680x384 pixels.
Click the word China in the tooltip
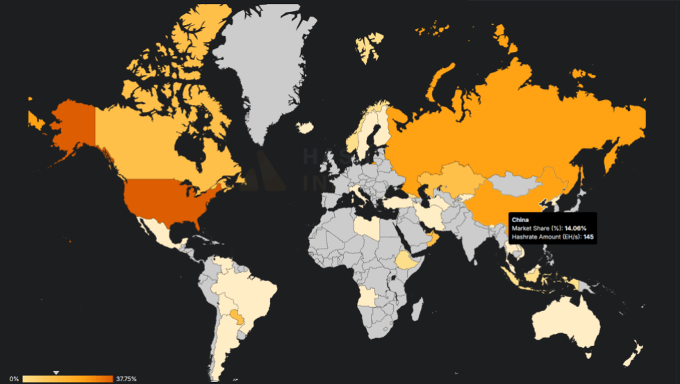520,219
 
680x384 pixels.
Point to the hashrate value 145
588,237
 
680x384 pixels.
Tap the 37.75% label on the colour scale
126,378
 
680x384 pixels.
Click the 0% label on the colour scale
14,378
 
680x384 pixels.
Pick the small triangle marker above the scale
57,372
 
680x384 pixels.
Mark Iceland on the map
305,127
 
